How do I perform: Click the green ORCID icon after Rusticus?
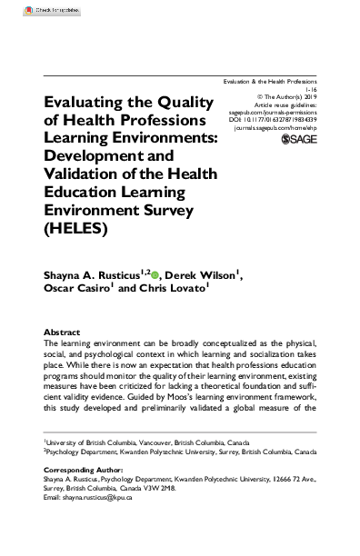[x=155, y=273]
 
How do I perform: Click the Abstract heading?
[x=61, y=333]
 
